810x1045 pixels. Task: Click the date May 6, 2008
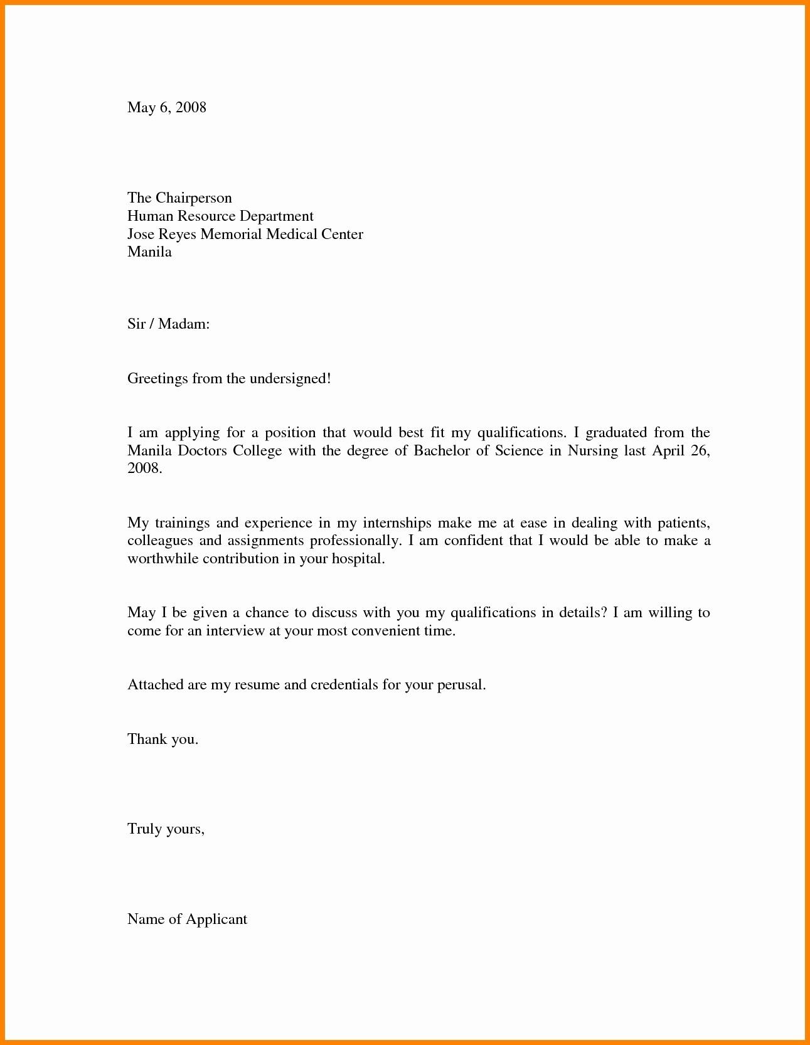166,107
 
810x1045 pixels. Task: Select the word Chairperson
193,198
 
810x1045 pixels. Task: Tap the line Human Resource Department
220,216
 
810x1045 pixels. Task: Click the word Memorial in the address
230,234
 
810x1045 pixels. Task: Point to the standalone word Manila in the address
149,252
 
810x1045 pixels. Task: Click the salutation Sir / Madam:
168,324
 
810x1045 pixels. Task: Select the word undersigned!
290,378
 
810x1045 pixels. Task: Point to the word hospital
358,558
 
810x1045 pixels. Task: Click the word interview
235,630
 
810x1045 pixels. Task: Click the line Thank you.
163,739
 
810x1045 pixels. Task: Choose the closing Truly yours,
166,829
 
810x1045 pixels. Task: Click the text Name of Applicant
187,919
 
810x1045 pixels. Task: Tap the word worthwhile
163,558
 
